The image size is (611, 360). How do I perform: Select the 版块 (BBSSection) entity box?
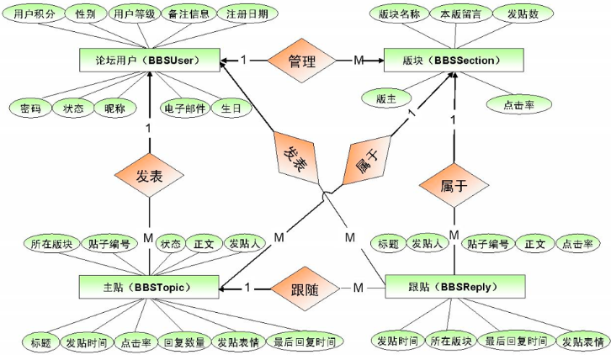pyautogui.click(x=455, y=61)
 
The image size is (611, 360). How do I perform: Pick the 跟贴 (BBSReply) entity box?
pyautogui.click(x=455, y=287)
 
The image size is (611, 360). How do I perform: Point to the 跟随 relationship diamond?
pyautogui.click(x=302, y=287)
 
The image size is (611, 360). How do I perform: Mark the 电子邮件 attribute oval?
pyautogui.click(x=183, y=109)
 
